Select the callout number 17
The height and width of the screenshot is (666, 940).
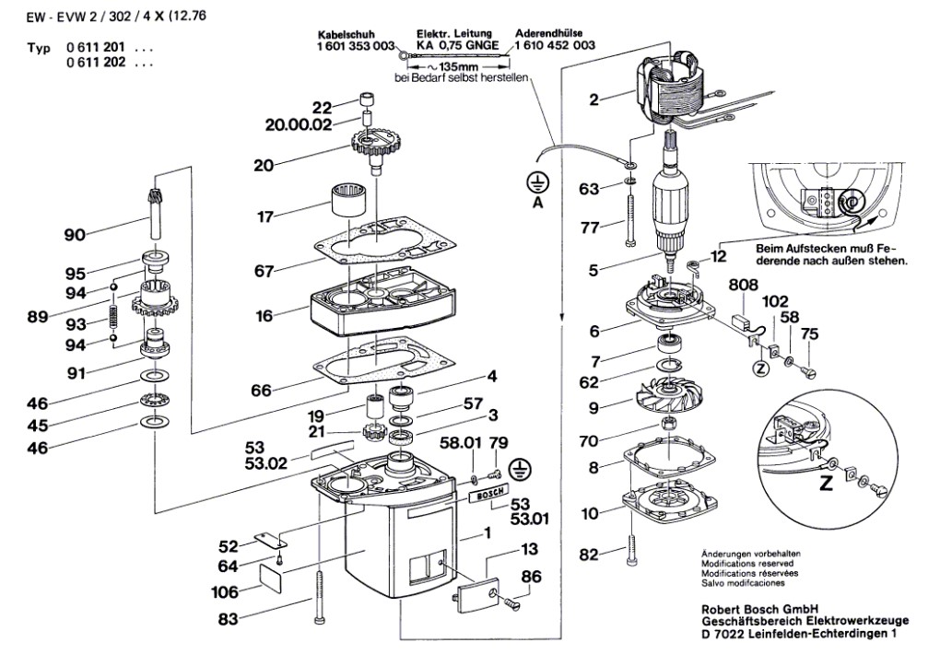pos(265,217)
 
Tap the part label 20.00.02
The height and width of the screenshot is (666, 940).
pos(292,126)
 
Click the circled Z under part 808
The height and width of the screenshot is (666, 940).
pos(760,368)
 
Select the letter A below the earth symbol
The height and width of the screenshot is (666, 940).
pos(537,202)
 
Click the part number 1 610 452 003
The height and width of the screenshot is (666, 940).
pos(555,45)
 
